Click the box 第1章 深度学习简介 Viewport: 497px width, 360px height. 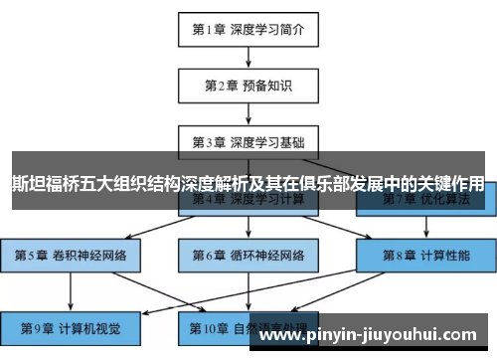(x=248, y=29)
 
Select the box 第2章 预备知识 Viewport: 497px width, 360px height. (x=248, y=85)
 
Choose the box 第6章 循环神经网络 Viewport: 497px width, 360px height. (x=248, y=253)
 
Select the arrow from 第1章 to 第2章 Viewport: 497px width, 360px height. (x=248, y=57)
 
